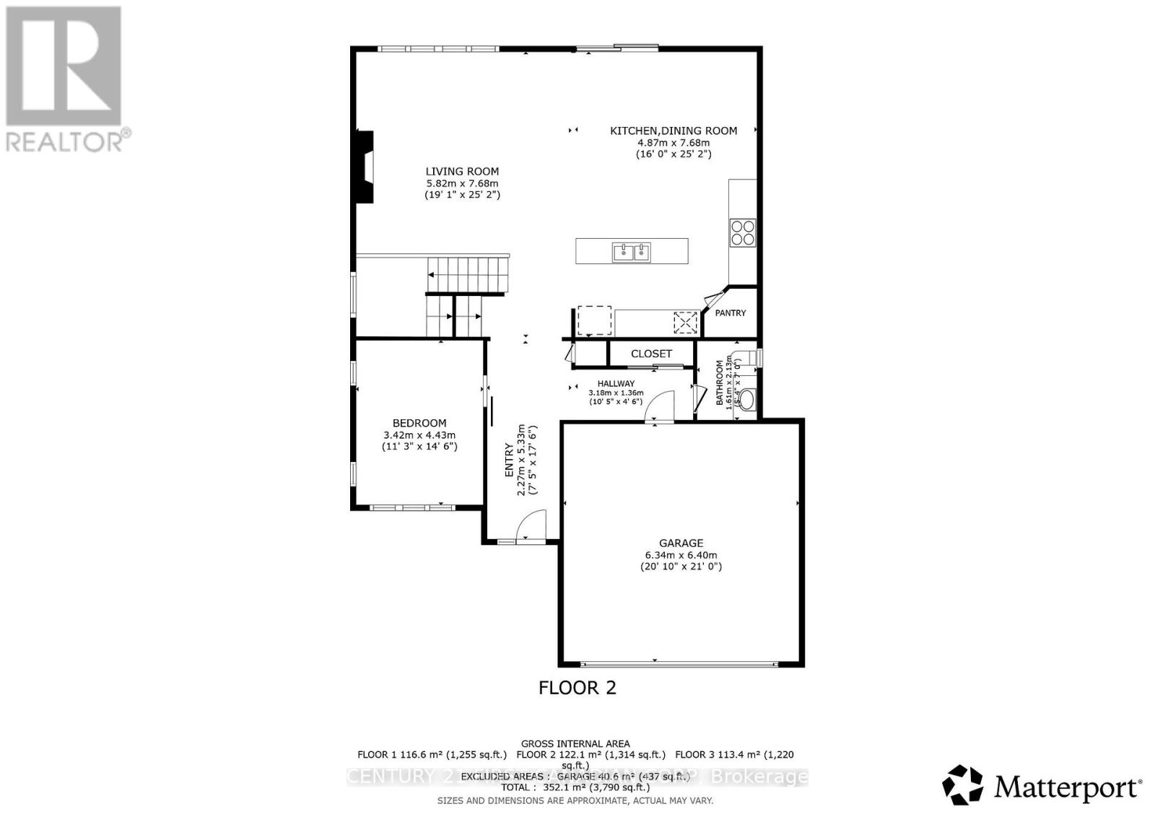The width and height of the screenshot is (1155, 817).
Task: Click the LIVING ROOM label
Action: [462, 172]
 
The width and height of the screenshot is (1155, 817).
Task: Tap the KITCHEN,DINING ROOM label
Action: [674, 131]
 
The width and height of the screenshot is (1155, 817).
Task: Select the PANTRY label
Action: [730, 313]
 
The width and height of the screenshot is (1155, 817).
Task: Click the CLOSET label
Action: [651, 354]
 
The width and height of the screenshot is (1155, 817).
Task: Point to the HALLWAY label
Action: [616, 384]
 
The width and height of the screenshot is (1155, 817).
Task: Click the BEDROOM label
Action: [419, 423]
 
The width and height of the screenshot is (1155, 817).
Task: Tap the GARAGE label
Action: [681, 543]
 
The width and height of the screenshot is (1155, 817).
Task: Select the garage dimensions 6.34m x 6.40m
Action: [681, 555]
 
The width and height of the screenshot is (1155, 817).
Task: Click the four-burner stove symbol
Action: [743, 232]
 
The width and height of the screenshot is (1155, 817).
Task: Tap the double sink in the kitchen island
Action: [632, 252]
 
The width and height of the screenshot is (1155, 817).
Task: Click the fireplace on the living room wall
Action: [367, 167]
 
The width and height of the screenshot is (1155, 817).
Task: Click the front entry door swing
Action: [532, 525]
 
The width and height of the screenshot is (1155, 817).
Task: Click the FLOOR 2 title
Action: [577, 687]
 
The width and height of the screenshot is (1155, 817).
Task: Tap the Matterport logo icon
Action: [963, 785]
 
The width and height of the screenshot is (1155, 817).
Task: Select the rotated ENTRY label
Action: [509, 460]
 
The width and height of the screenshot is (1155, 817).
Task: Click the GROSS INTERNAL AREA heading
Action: [575, 743]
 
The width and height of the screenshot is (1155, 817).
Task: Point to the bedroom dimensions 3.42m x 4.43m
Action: [419, 435]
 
